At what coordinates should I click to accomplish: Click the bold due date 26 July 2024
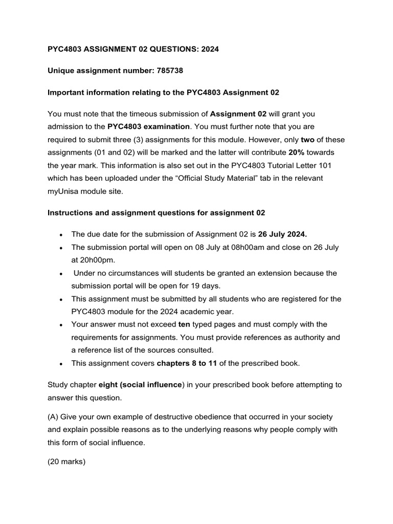[282, 234]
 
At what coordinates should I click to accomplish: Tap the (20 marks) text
[67, 462]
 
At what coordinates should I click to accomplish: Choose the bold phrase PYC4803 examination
[148, 126]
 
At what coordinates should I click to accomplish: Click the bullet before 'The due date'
[61, 234]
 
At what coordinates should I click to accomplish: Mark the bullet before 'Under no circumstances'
[61, 273]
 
